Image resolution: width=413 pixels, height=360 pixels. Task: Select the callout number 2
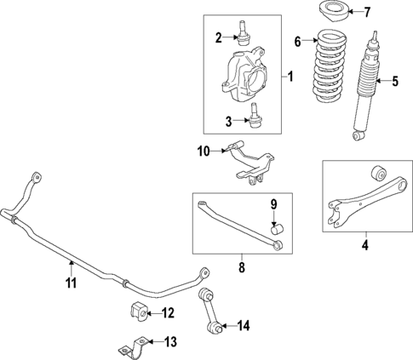click(x=219, y=37)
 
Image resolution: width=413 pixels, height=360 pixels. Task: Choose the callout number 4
click(x=364, y=248)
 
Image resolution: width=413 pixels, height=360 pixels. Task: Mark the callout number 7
click(x=368, y=13)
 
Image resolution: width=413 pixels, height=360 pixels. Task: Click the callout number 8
click(x=241, y=267)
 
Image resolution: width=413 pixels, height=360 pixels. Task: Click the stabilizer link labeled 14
click(x=210, y=311)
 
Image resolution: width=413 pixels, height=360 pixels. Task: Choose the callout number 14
click(x=244, y=324)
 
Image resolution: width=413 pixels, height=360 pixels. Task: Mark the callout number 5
click(x=394, y=83)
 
